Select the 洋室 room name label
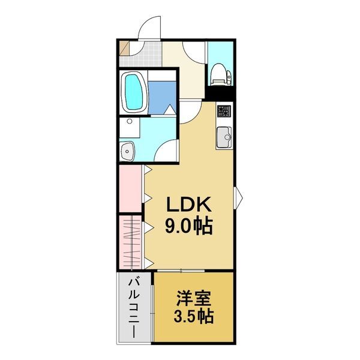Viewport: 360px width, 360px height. point(193,298)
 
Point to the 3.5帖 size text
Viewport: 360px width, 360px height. point(193,316)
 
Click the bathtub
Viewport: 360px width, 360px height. point(134,91)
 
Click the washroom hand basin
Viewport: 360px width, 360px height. point(127,151)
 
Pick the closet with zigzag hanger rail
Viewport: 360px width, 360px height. point(130,243)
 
